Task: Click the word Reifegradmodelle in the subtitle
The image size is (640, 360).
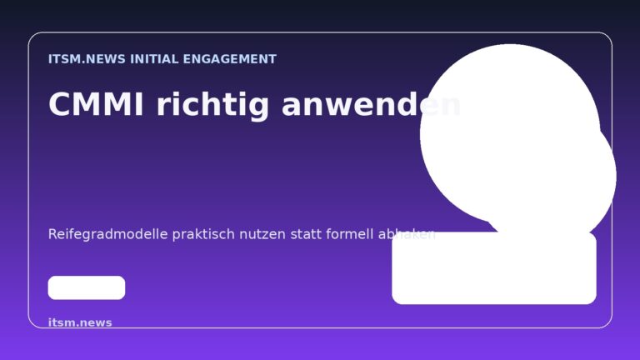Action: [x=108, y=234]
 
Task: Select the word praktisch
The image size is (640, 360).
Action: [x=202, y=234]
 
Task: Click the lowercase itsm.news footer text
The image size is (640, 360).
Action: [x=80, y=322]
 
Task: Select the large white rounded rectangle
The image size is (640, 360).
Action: [x=494, y=268]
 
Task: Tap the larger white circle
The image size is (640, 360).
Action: [x=508, y=133]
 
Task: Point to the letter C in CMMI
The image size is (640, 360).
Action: [x=60, y=105]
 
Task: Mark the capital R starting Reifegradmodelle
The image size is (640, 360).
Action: [x=53, y=234]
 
